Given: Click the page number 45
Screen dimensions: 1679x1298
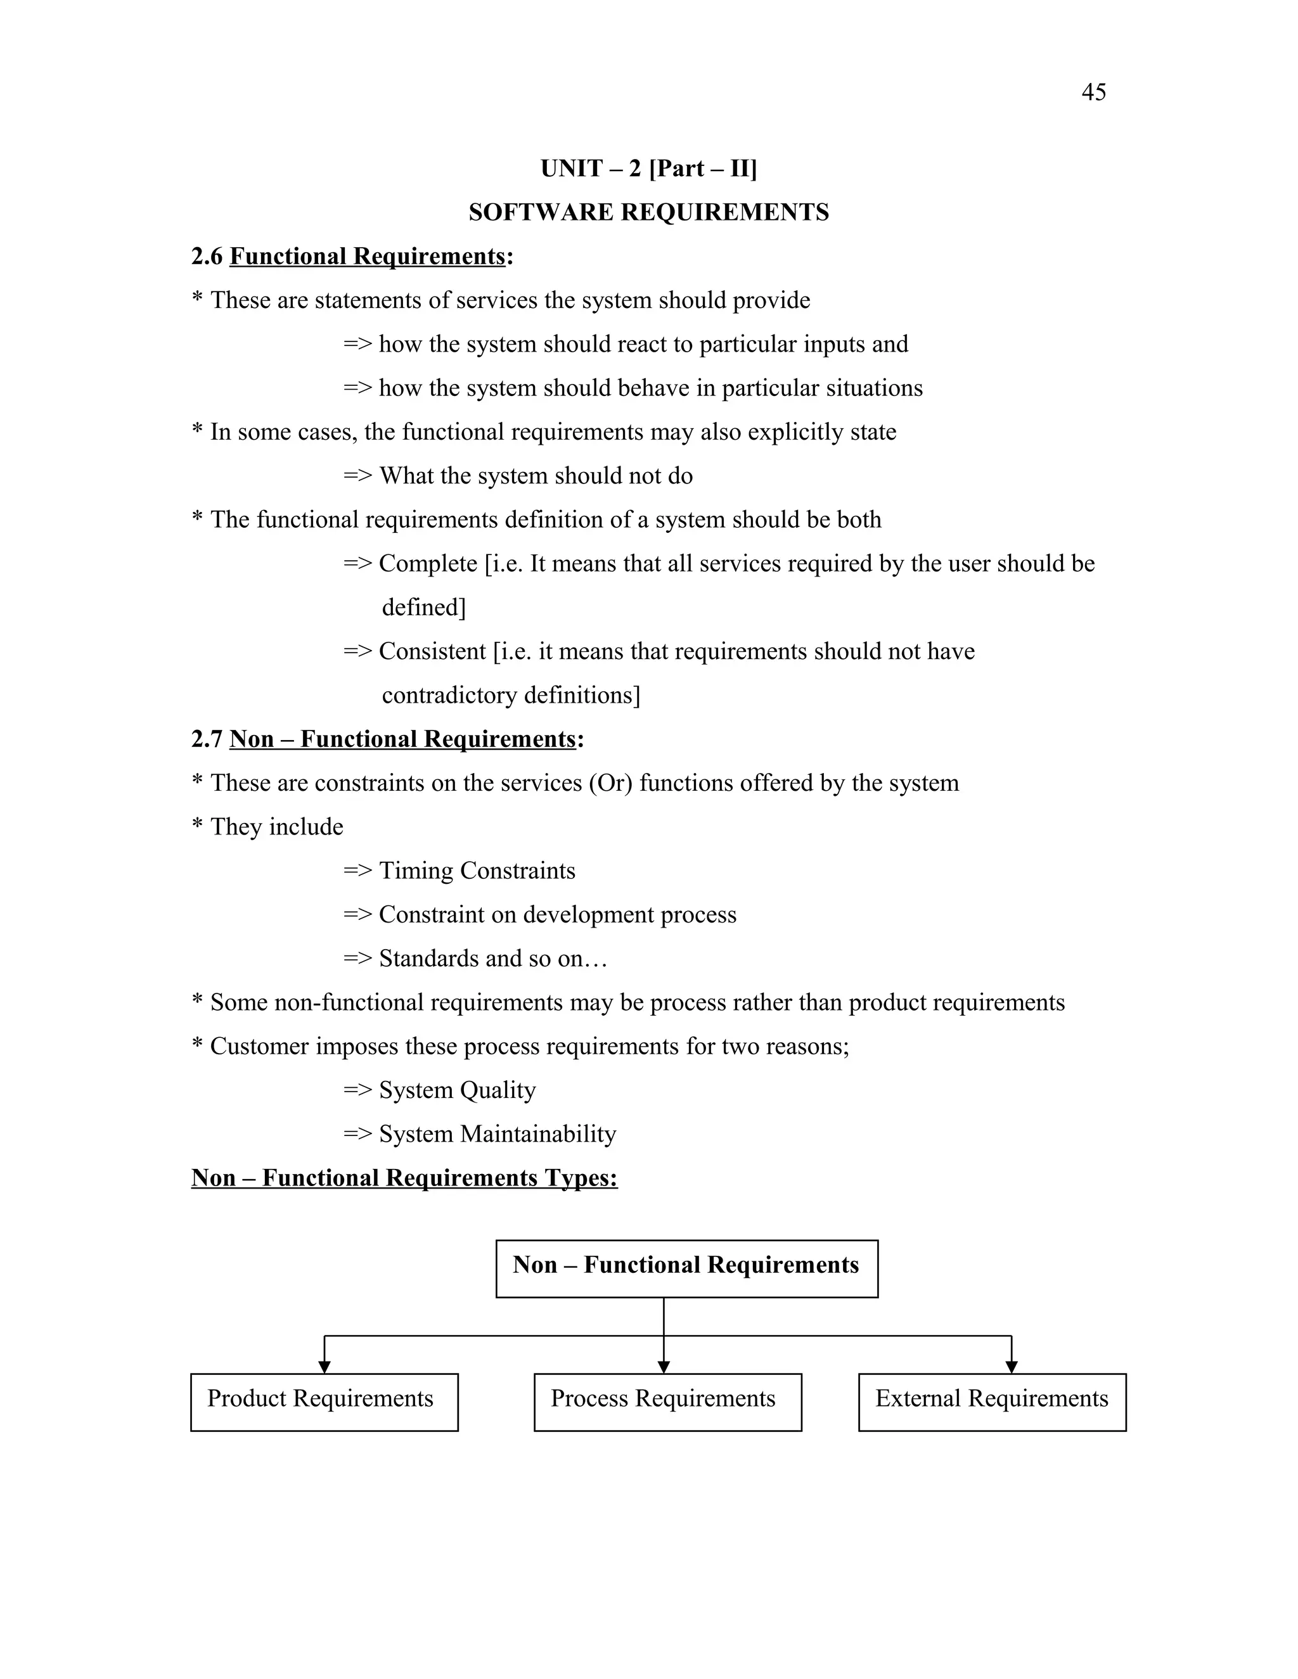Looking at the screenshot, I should click(1093, 93).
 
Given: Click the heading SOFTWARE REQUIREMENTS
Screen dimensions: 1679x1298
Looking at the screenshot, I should click(648, 212).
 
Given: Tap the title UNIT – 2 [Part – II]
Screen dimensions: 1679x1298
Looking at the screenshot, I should click(648, 169).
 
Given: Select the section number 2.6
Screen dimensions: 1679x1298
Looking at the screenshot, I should click(206, 256).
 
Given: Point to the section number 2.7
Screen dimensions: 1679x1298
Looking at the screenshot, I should click(206, 739).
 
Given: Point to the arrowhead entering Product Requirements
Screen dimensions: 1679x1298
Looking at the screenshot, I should click(324, 1365).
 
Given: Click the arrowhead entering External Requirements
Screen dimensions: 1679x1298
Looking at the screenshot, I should click(1011, 1365).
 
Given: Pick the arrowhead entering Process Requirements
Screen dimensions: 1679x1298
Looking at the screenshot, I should click(664, 1365).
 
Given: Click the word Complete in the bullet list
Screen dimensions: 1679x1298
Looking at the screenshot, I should click(428, 563).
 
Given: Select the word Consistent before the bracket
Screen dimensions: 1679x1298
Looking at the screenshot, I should click(432, 651).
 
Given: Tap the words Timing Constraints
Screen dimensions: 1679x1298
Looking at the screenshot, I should click(477, 871).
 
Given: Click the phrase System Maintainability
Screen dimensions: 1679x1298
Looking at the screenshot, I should click(497, 1134).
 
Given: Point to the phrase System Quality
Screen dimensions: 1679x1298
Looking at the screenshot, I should click(457, 1090).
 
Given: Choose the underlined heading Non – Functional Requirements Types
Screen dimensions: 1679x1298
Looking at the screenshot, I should click(404, 1178).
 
